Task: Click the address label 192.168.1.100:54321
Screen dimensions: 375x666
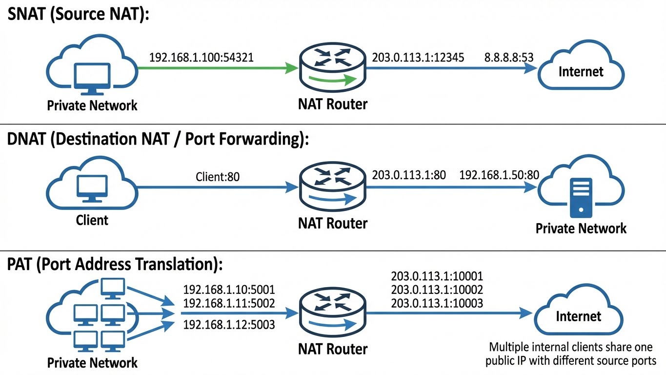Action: click(201, 57)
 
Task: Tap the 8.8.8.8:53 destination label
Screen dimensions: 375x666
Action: click(508, 57)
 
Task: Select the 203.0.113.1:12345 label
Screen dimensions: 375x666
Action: click(418, 57)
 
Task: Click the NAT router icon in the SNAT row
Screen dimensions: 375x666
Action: click(332, 69)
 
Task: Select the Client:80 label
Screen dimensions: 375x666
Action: click(218, 176)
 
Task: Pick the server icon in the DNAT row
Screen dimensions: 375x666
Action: click(581, 198)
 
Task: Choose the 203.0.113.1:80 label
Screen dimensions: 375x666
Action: click(409, 175)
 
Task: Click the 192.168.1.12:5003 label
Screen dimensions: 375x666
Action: click(229, 324)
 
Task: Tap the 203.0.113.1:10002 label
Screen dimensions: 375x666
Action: click(437, 290)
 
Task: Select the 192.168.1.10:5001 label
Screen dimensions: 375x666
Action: click(229, 289)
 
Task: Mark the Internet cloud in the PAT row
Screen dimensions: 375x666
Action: click(579, 316)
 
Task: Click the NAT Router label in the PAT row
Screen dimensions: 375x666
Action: click(332, 349)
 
